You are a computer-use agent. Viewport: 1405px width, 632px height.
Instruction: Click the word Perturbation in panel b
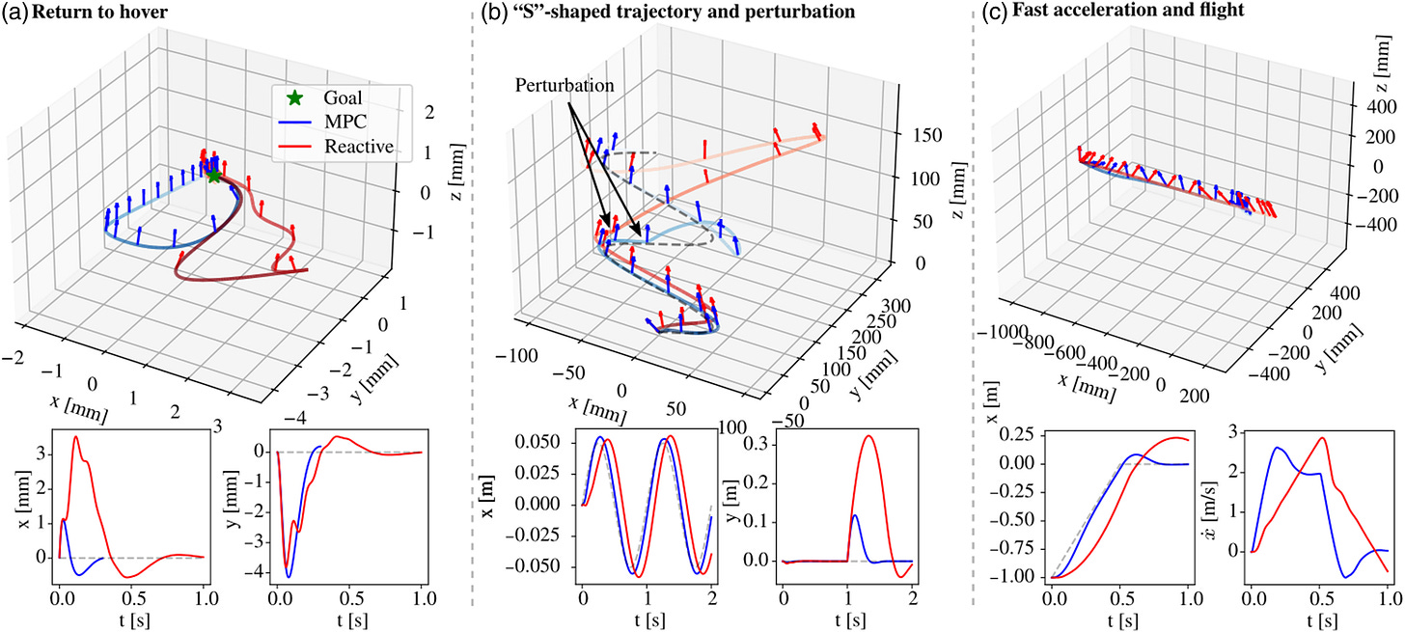click(564, 85)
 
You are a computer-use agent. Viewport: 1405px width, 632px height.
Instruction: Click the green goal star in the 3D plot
click(214, 176)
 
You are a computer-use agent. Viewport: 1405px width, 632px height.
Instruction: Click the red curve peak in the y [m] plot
click(869, 436)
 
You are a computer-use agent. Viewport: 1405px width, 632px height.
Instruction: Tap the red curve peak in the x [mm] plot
click(76, 437)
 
